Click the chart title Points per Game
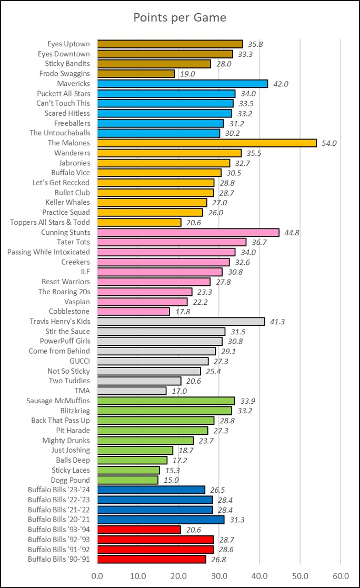180,17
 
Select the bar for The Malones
207,143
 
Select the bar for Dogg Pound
128,480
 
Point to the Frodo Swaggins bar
136,74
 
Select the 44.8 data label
291,233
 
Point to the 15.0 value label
170,481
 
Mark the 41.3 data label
277,322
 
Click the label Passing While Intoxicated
48,252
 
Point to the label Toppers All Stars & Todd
50,222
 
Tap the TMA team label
82,391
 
